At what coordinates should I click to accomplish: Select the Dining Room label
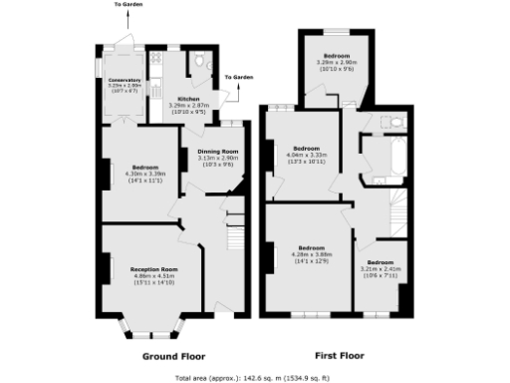(x=216, y=152)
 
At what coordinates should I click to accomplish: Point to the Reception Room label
(x=153, y=269)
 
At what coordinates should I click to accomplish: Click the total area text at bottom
(x=255, y=378)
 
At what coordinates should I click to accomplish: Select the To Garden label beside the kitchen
(x=238, y=77)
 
